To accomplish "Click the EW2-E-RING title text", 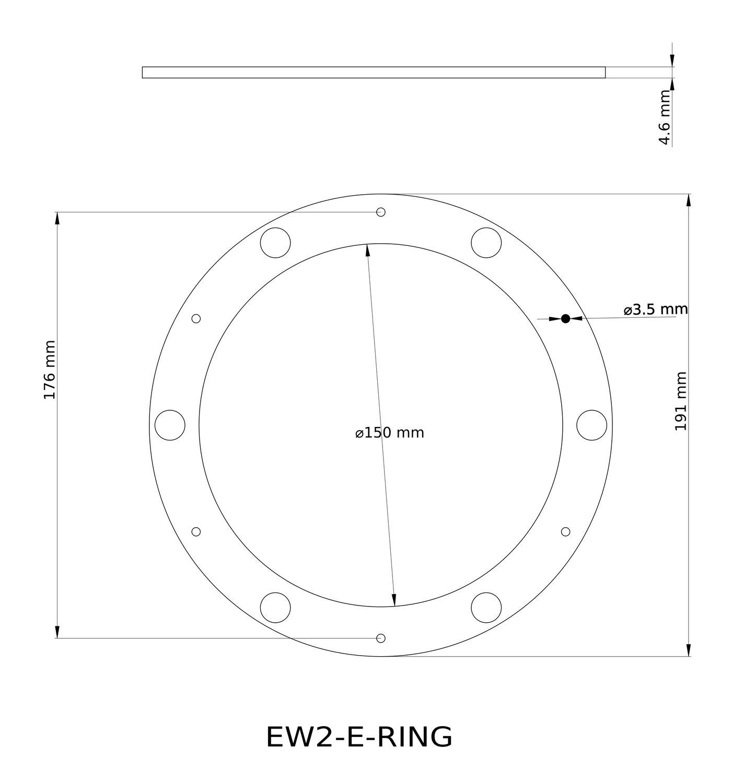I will coord(359,737).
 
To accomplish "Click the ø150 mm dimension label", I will coord(389,433).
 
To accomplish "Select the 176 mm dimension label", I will coord(49,370).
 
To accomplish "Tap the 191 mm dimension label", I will coord(681,401).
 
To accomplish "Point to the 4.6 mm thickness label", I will coord(664,117).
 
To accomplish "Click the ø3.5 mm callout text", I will coord(655,310).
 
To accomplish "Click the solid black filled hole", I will coord(565,318).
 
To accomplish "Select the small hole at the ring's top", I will coord(381,212).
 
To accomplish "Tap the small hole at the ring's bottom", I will coord(381,638).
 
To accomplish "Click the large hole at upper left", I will coord(275,243).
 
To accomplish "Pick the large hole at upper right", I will coord(486,243).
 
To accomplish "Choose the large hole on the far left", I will coord(170,425).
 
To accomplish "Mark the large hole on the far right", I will coord(592,425).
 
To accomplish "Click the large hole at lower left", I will coord(275,608).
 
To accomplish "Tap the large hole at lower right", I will coord(486,608).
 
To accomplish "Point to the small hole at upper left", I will coord(196,318).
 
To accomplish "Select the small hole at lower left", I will coord(196,531).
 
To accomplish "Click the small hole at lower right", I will coord(565,531).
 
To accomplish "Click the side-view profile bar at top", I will coord(374,73).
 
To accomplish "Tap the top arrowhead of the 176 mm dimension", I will coord(57,219).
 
